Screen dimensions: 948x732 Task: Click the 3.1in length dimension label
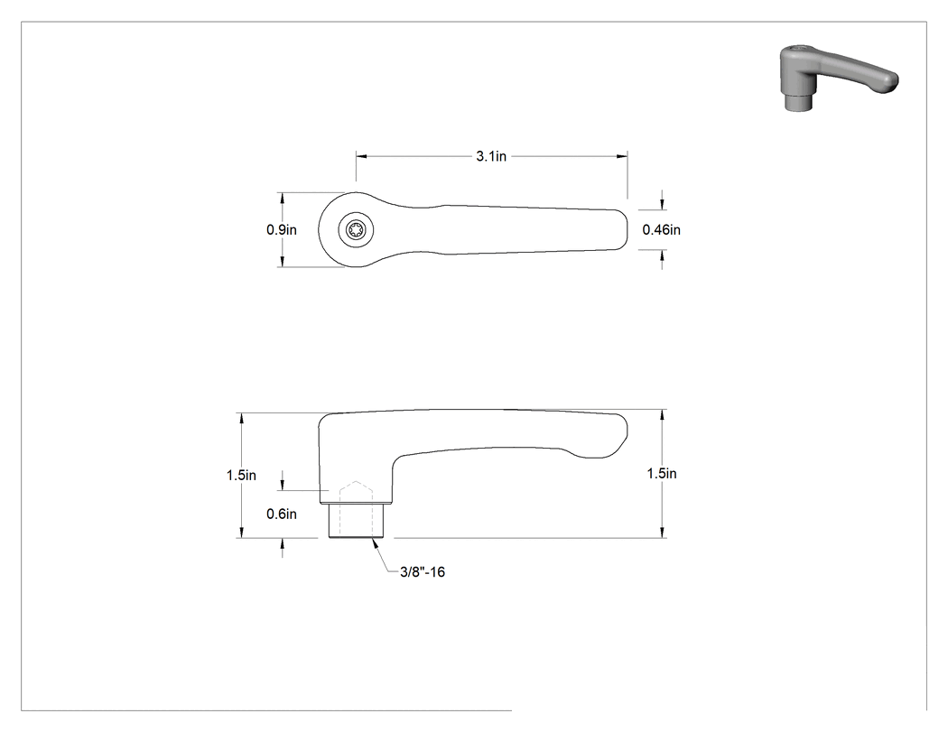click(491, 156)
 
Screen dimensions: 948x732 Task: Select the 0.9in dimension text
click(282, 229)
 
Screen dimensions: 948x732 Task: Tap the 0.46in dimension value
click(662, 229)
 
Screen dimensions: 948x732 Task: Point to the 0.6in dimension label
click(282, 514)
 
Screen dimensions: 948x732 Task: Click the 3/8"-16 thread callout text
click(423, 572)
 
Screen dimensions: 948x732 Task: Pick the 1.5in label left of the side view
click(241, 475)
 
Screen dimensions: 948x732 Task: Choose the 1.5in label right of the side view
click(662, 473)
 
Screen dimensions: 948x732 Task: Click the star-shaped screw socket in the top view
click(356, 230)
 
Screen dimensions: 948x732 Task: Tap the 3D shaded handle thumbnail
click(837, 78)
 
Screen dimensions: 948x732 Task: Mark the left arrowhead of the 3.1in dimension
click(361, 156)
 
